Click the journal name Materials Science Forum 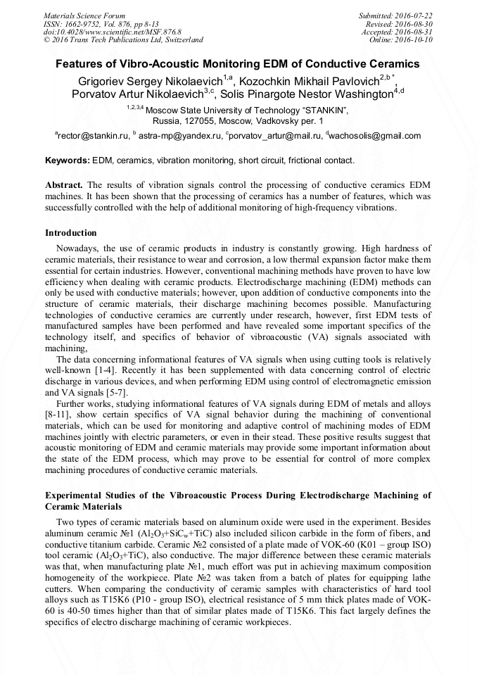coord(84,15)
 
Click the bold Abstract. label coord(64,184)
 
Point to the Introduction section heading coord(71,233)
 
